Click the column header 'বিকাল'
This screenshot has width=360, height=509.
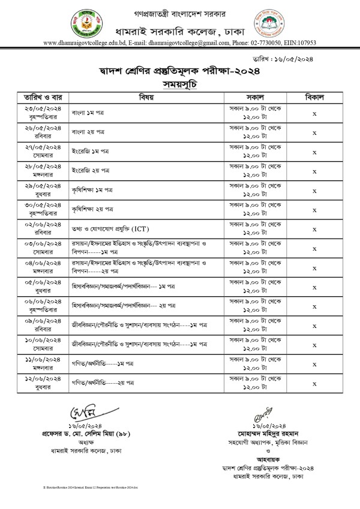click(x=314, y=96)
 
